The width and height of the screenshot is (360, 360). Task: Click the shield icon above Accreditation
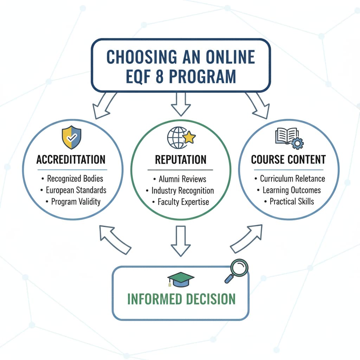(71, 137)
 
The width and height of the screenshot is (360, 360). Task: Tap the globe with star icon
(181, 137)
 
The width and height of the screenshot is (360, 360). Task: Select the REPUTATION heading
(180, 159)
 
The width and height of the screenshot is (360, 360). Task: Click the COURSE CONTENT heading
(288, 159)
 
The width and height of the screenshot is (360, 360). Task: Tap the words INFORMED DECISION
(181, 299)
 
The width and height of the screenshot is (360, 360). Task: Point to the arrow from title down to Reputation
(181, 104)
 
